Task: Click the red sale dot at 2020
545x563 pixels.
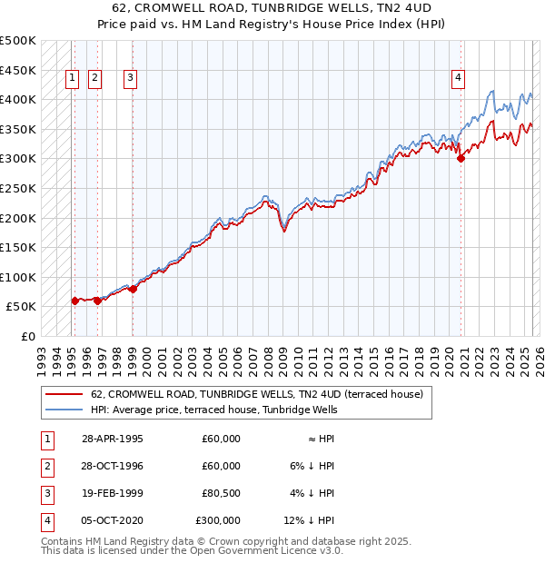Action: point(461,158)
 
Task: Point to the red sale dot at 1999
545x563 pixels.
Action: point(133,289)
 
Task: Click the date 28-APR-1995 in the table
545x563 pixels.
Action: point(112,439)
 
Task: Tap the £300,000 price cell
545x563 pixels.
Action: point(218,520)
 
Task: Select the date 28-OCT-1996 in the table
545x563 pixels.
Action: point(112,466)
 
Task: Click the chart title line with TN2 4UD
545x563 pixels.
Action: point(272,8)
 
